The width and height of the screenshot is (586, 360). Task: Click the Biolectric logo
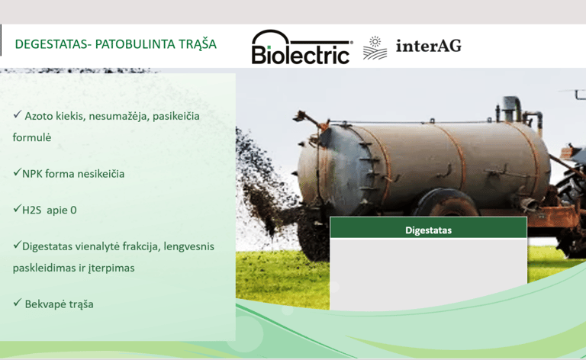coord(302,47)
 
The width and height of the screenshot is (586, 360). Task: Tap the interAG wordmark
coord(429,46)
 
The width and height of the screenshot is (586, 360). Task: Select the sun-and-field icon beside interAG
coord(375,48)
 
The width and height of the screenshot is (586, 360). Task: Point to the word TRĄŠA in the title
coord(198,44)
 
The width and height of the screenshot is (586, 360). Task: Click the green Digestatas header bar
coord(428,227)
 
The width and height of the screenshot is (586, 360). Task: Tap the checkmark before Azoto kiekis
coord(18,114)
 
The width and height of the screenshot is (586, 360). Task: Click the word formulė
coord(32,137)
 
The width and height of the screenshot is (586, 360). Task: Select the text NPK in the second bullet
coord(32,174)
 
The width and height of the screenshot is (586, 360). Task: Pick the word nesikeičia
coord(101,174)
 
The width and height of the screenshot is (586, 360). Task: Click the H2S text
coord(31,210)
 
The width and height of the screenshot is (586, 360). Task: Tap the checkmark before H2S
coord(18,208)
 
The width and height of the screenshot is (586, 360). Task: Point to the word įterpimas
coord(111,268)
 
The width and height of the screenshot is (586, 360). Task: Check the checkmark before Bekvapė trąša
coord(18,302)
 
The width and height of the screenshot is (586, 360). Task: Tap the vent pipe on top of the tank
coord(512,108)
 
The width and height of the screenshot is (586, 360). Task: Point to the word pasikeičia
coord(176,116)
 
